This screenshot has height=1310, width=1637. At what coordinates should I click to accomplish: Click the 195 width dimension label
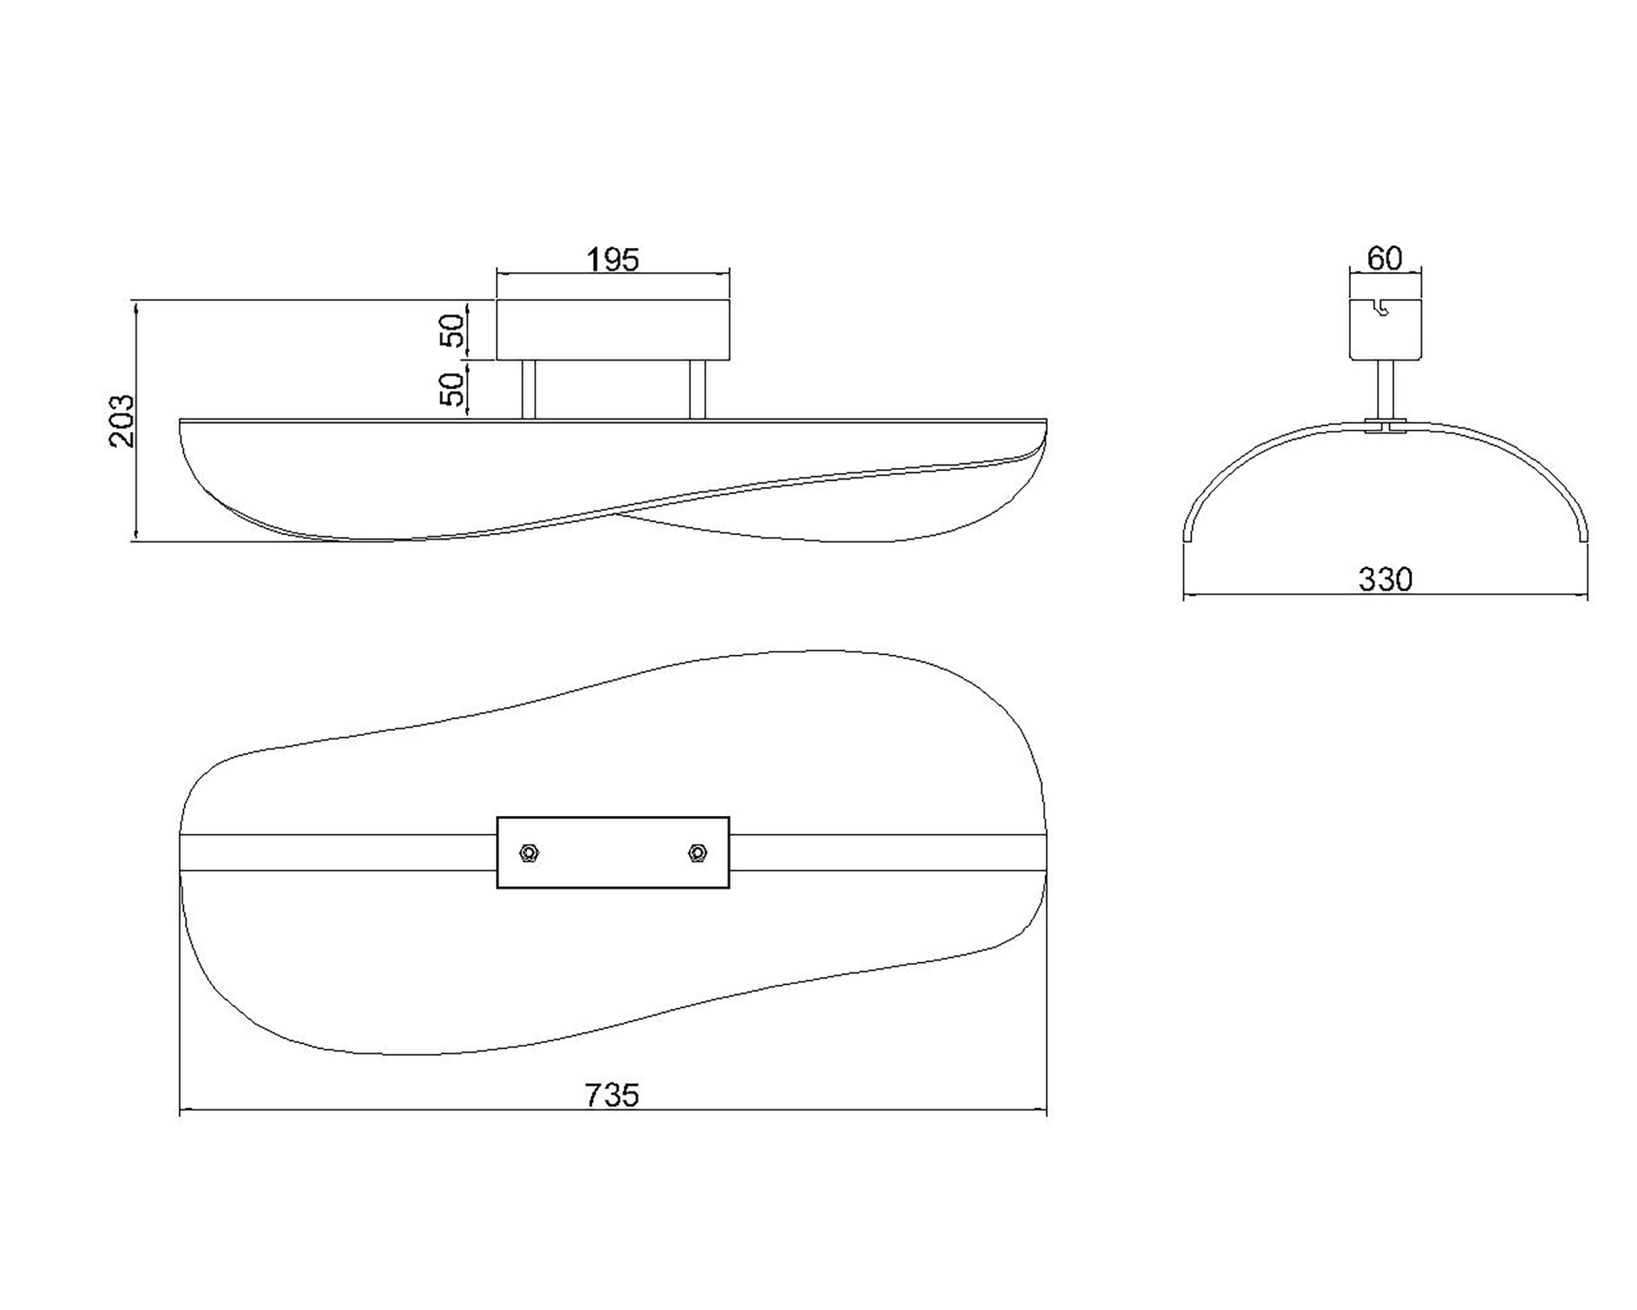pyautogui.click(x=613, y=259)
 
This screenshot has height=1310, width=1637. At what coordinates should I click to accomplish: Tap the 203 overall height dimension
pyautogui.click(x=123, y=420)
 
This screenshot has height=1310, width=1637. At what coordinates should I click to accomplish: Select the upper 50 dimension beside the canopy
pyautogui.click(x=454, y=330)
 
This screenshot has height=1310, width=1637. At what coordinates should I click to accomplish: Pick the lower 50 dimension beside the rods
pyautogui.click(x=454, y=389)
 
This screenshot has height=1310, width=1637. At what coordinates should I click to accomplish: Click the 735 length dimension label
pyautogui.click(x=612, y=1095)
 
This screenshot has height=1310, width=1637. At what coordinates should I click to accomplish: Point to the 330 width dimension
pyautogui.click(x=1385, y=580)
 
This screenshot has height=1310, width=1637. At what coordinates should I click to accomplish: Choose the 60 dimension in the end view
pyautogui.click(x=1385, y=258)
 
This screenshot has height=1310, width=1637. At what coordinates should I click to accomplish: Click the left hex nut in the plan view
pyautogui.click(x=529, y=853)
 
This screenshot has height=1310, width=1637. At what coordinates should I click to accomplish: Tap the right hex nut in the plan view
pyautogui.click(x=697, y=853)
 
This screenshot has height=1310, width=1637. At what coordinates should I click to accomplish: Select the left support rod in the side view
pyautogui.click(x=529, y=390)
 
